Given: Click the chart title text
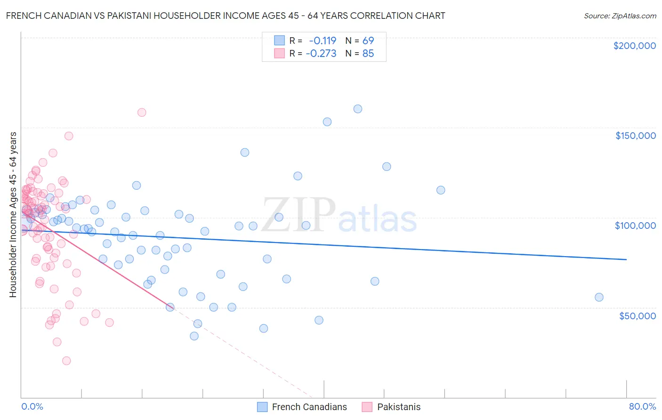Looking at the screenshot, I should (226, 16).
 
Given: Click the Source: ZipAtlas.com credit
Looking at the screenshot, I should (620, 16).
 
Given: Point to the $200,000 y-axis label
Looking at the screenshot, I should (634, 46).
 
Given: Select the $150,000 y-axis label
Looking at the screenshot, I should (635, 136).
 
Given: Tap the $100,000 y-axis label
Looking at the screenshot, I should (635, 226).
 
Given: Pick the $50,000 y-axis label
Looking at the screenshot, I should (637, 315).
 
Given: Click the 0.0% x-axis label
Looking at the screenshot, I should (32, 406).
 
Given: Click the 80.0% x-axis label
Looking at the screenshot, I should (642, 406).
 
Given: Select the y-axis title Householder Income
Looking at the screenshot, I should (13, 215).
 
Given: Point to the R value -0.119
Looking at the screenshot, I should (323, 40).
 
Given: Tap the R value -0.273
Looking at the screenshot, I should (321, 54).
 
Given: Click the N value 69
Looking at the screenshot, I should (368, 40).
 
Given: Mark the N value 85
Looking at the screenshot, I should (368, 54).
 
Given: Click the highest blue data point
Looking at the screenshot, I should (358, 109).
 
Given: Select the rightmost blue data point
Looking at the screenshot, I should (599, 297).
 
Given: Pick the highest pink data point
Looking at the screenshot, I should (142, 113).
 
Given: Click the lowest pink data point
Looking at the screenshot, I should (66, 361).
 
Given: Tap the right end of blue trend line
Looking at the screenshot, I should (626, 259).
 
